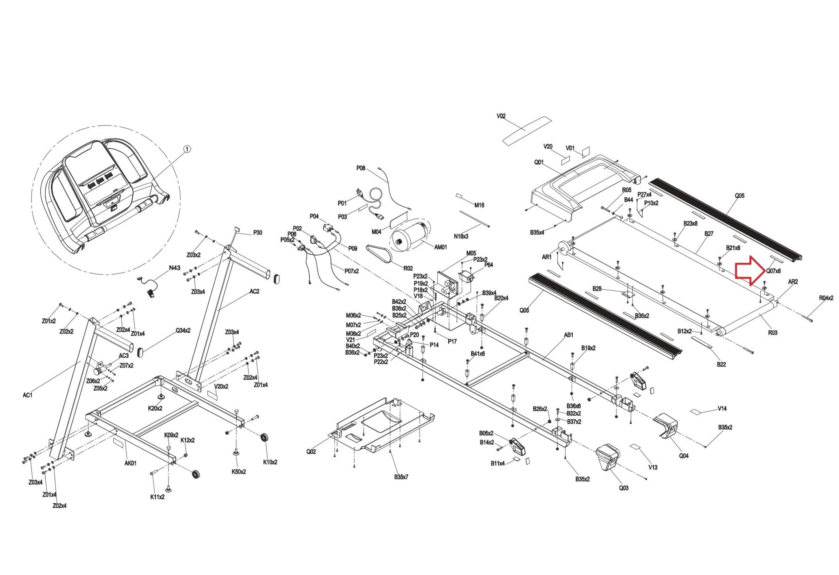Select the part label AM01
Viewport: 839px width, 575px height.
440,247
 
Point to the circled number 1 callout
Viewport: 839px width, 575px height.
187,149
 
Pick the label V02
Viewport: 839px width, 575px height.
501,116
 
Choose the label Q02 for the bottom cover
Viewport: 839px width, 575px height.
311,452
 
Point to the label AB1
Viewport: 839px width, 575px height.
569,335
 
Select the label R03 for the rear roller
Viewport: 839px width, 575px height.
772,333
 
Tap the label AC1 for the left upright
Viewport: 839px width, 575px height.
27,395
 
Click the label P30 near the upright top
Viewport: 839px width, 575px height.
257,233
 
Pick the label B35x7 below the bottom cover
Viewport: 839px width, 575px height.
401,477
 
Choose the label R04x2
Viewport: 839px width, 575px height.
826,298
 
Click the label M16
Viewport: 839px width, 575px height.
479,205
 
